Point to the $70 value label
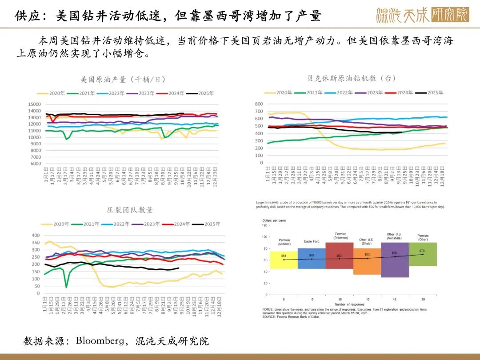pyautogui.click(x=422, y=251)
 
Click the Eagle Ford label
pyautogui.click(x=311, y=241)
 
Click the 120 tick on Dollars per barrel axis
pyautogui.click(x=265, y=225)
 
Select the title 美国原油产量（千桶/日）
pyautogui.click(x=123, y=80)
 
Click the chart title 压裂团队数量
pyautogui.click(x=130, y=210)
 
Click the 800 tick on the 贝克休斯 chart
pyautogui.click(x=259, y=104)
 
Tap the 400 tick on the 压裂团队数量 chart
pyautogui.click(x=35, y=235)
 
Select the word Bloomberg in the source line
pyautogui.click(x=97, y=341)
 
